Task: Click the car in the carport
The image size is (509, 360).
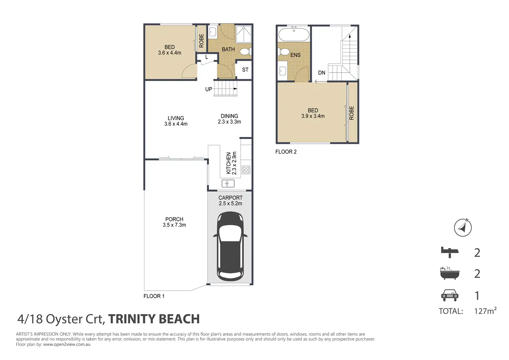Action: click(230, 247)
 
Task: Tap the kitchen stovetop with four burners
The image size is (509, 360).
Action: click(246, 170)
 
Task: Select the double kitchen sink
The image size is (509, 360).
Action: click(228, 183)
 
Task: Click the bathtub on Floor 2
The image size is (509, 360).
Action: click(294, 34)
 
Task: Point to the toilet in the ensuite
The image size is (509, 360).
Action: click(284, 52)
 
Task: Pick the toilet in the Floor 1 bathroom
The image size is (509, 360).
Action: click(246, 52)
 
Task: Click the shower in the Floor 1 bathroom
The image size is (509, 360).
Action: click(244, 34)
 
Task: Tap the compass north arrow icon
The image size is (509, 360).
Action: click(463, 228)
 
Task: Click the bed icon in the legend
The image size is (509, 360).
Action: click(450, 252)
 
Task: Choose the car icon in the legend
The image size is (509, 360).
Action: click(450, 295)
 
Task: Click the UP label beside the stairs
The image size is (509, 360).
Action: click(209, 89)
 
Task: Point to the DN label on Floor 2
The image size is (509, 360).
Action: click(322, 73)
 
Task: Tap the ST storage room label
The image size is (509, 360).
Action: click(245, 70)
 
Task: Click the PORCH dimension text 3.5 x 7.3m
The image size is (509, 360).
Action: click(174, 225)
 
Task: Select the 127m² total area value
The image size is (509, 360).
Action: click(485, 311)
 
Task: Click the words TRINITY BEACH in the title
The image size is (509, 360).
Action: click(154, 319)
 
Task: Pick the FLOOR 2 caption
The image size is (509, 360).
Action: click(286, 152)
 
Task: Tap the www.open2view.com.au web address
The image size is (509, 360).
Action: click(67, 344)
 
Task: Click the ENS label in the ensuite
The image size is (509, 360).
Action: click(295, 55)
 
